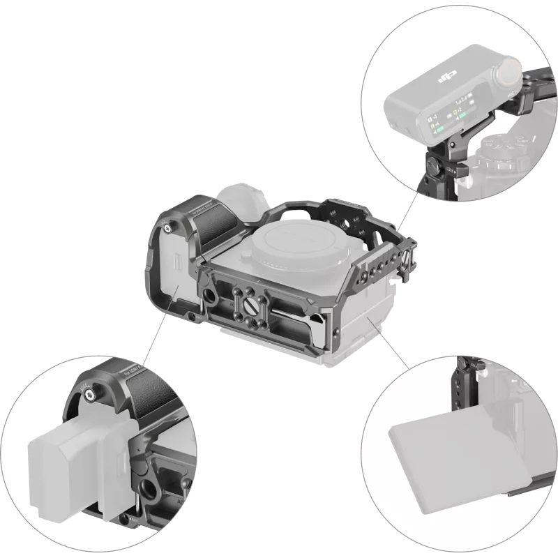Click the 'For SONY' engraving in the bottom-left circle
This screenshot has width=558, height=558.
point(126,367)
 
